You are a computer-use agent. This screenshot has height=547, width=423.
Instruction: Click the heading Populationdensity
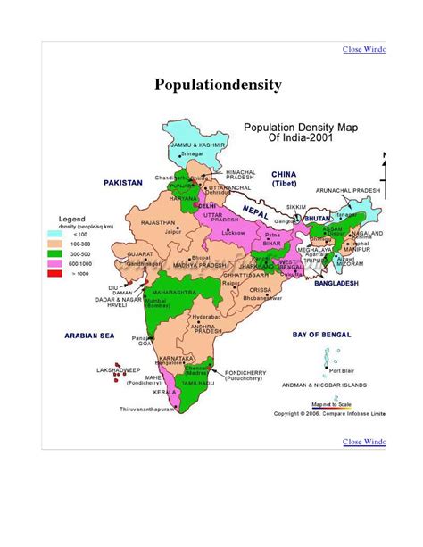click(218, 86)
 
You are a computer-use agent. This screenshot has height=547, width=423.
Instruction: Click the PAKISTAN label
click(123, 182)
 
